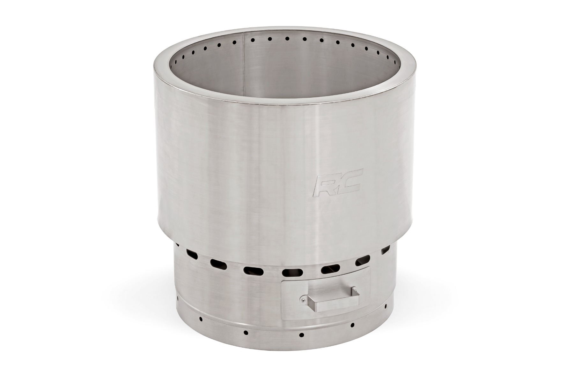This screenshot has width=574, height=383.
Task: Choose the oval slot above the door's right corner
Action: click(x=363, y=262)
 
